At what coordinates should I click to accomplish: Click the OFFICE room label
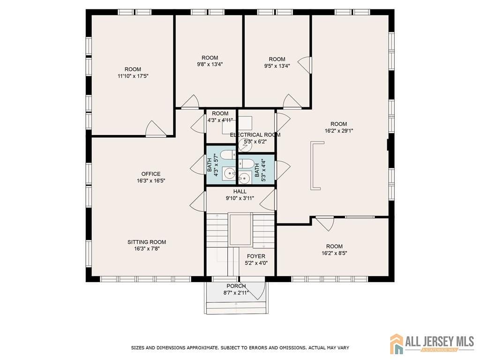[x=150, y=174]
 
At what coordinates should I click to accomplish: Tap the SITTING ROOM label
[x=147, y=242]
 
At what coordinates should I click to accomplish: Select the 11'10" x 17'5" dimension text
[x=133, y=76]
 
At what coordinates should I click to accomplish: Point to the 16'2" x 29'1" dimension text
[x=338, y=131]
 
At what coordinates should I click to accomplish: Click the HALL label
[x=240, y=192]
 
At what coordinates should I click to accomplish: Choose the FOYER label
[x=256, y=256]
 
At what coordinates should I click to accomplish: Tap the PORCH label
[x=236, y=286]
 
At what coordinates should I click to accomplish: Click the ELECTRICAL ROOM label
[x=255, y=135]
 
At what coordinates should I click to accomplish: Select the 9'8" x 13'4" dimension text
[x=210, y=64]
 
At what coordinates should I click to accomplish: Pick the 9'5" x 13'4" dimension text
[x=277, y=66]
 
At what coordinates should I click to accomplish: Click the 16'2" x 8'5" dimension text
[x=334, y=253]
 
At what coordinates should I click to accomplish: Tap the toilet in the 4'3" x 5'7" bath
[x=227, y=155]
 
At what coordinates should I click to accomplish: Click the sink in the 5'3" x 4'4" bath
[x=244, y=177]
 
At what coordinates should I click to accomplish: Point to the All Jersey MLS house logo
[x=396, y=344]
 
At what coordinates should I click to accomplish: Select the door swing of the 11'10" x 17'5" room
[x=155, y=128]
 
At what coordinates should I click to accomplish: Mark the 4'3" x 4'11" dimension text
[x=220, y=120]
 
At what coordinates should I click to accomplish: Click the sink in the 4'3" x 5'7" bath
[x=228, y=174]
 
